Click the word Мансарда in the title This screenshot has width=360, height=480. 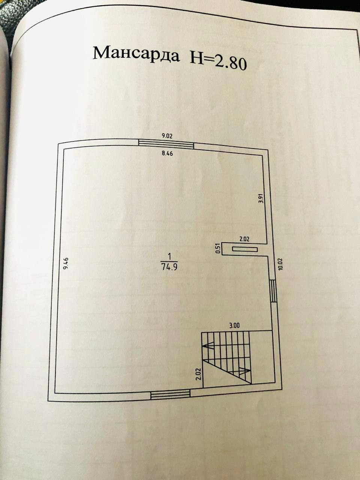click(136, 55)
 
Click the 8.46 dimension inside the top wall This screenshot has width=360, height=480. click(167, 153)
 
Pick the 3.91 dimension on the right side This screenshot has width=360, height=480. click(261, 198)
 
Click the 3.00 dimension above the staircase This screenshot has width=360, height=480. click(234, 325)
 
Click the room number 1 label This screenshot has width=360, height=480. click(169, 257)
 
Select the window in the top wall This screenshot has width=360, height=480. click(166, 144)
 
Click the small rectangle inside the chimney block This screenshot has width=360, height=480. click(244, 249)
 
